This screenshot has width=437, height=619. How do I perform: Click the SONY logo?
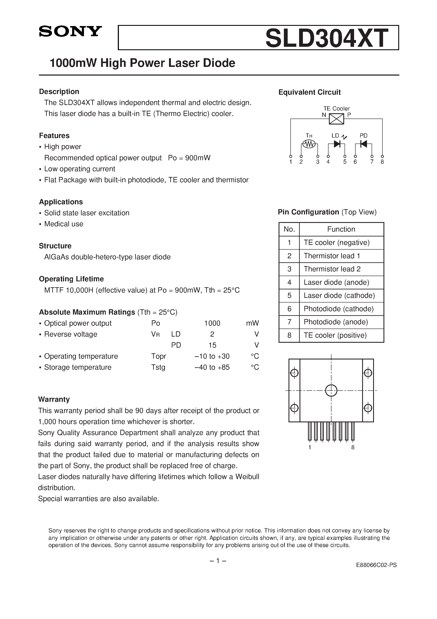pyautogui.click(x=70, y=32)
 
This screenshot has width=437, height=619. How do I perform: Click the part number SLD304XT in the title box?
pyautogui.click(x=327, y=38)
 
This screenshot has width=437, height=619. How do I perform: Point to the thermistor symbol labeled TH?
pyautogui.click(x=309, y=144)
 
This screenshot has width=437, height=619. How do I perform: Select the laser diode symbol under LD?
pyautogui.click(x=337, y=144)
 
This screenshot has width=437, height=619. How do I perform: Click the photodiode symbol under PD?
pyautogui.click(x=364, y=144)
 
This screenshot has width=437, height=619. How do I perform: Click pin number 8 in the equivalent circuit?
pyautogui.click(x=382, y=162)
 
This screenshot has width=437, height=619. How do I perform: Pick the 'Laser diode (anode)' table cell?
pyautogui.click(x=336, y=282)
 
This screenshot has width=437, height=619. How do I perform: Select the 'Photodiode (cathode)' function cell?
pyautogui.click(x=338, y=309)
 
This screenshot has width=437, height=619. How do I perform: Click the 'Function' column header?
pyautogui.click(x=341, y=229)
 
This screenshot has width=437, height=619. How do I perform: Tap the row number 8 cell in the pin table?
pyautogui.click(x=289, y=335)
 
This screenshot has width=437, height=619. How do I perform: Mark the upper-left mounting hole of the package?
pyautogui.click(x=294, y=373)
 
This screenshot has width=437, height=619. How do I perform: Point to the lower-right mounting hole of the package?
pyautogui.click(x=368, y=408)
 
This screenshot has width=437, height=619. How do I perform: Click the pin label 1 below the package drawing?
pyautogui.click(x=310, y=447)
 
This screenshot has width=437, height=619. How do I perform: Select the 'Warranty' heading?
pyautogui.click(x=54, y=399)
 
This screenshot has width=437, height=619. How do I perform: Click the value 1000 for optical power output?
pyautogui.click(x=212, y=323)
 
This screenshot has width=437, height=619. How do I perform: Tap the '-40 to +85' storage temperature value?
pyautogui.click(x=212, y=367)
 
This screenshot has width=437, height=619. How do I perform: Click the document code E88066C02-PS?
pyautogui.click(x=376, y=565)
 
